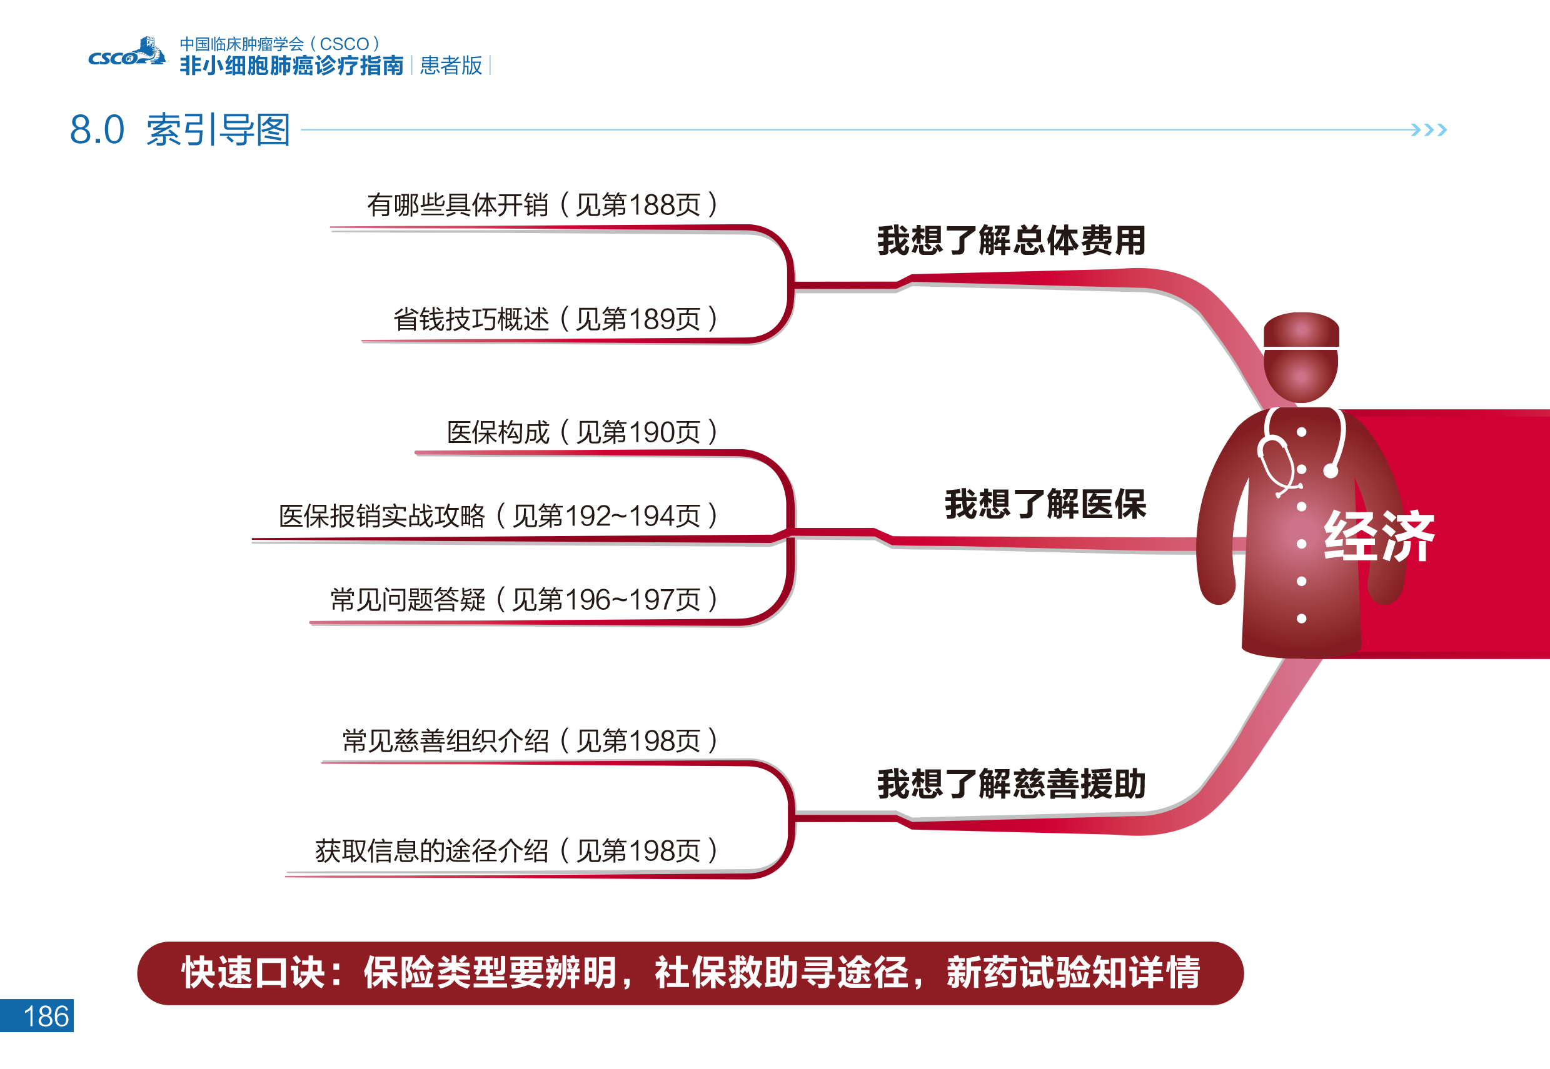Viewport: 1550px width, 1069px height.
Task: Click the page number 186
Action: pyautogui.click(x=46, y=1016)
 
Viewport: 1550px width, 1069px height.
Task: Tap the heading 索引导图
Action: pyautogui.click(x=218, y=130)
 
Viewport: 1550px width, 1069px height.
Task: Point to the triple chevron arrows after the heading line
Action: pyautogui.click(x=1429, y=129)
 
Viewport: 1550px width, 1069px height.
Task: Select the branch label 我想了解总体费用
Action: pyautogui.click(x=1011, y=241)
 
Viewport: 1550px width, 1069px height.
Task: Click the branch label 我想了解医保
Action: pyautogui.click(x=1045, y=504)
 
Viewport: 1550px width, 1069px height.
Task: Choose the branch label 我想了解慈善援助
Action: pyautogui.click(x=1011, y=783)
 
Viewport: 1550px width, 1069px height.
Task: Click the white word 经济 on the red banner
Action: pyautogui.click(x=1379, y=536)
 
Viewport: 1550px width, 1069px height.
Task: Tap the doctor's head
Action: pyautogui.click(x=1301, y=375)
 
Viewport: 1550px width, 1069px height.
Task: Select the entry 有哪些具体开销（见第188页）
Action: pyautogui.click(x=541, y=205)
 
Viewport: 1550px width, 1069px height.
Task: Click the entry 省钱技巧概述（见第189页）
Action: pyautogui.click(x=555, y=319)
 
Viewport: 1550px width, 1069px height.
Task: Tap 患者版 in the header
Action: pyautogui.click(x=450, y=66)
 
